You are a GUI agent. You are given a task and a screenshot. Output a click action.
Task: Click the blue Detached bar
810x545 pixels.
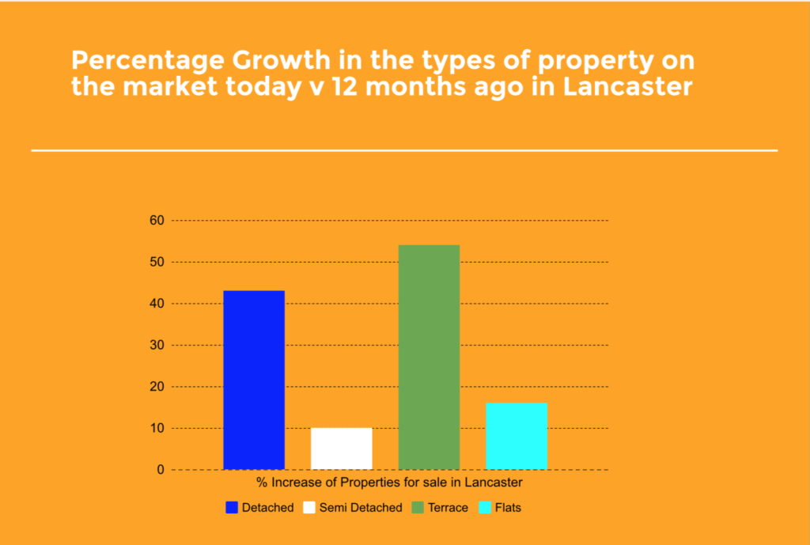[254, 380]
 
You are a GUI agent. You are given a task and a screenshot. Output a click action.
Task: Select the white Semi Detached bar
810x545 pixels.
[341, 448]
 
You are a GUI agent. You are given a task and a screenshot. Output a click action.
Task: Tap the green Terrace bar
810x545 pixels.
[429, 357]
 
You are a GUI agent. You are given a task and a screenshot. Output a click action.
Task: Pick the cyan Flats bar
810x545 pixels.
[516, 436]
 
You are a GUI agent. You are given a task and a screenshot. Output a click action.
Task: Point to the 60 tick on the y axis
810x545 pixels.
[156, 221]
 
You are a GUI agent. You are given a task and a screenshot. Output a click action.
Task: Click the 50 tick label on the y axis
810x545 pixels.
[156, 262]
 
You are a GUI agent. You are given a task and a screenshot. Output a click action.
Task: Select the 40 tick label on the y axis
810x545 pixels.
[156, 304]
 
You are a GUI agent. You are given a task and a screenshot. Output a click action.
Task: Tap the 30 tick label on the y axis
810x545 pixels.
[156, 346]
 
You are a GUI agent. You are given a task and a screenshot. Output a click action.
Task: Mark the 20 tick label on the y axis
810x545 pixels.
[156, 387]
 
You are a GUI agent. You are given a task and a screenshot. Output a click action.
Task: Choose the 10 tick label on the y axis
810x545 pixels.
[156, 429]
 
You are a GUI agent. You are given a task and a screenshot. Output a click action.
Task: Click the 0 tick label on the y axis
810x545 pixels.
[160, 470]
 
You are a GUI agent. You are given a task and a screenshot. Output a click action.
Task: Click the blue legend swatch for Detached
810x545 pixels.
[232, 508]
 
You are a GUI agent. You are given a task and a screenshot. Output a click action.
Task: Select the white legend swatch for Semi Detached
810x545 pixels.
[310, 508]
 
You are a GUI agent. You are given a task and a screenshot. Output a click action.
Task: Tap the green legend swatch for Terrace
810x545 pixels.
[417, 508]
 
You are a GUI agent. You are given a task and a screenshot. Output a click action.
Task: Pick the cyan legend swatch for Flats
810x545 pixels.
[484, 508]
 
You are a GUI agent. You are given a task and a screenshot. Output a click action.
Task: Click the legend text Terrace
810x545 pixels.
[449, 508]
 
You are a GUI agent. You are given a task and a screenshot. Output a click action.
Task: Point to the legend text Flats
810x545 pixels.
[508, 508]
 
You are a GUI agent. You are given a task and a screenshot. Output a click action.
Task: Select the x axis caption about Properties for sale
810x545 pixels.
[389, 481]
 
